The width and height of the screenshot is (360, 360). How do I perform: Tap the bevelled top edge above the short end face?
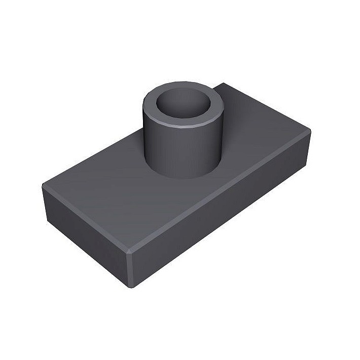tap(86, 218)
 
